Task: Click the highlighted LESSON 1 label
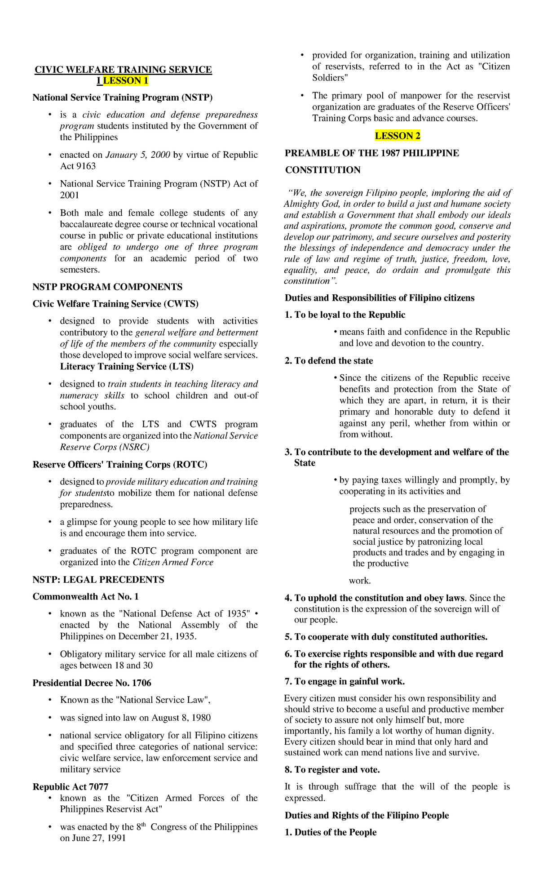pyautogui.click(x=125, y=81)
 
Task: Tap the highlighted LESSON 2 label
pyautogui.click(x=398, y=136)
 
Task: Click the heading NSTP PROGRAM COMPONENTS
pyautogui.click(x=107, y=287)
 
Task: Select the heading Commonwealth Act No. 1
pyautogui.click(x=86, y=596)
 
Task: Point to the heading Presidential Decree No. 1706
pyautogui.click(x=92, y=683)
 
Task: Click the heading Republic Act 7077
pyautogui.click(x=71, y=786)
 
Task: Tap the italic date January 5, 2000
pyautogui.click(x=137, y=155)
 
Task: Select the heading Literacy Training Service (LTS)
pyautogui.click(x=127, y=366)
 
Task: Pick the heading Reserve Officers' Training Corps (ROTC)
pyautogui.click(x=119, y=464)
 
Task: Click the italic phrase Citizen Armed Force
pyautogui.click(x=173, y=562)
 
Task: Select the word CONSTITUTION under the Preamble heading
pyautogui.click(x=323, y=170)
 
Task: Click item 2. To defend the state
pyautogui.click(x=329, y=360)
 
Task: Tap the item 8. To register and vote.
pyautogui.click(x=332, y=769)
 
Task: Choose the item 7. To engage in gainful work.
pyautogui.click(x=345, y=681)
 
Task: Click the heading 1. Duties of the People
pyautogui.click(x=331, y=832)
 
